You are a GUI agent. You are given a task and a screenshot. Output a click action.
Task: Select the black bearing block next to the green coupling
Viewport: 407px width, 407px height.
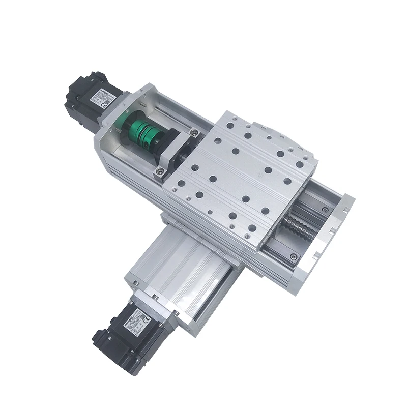pyautogui.click(x=176, y=150)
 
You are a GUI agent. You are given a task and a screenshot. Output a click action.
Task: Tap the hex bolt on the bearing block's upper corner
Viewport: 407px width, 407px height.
pyautogui.click(x=193, y=133)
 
